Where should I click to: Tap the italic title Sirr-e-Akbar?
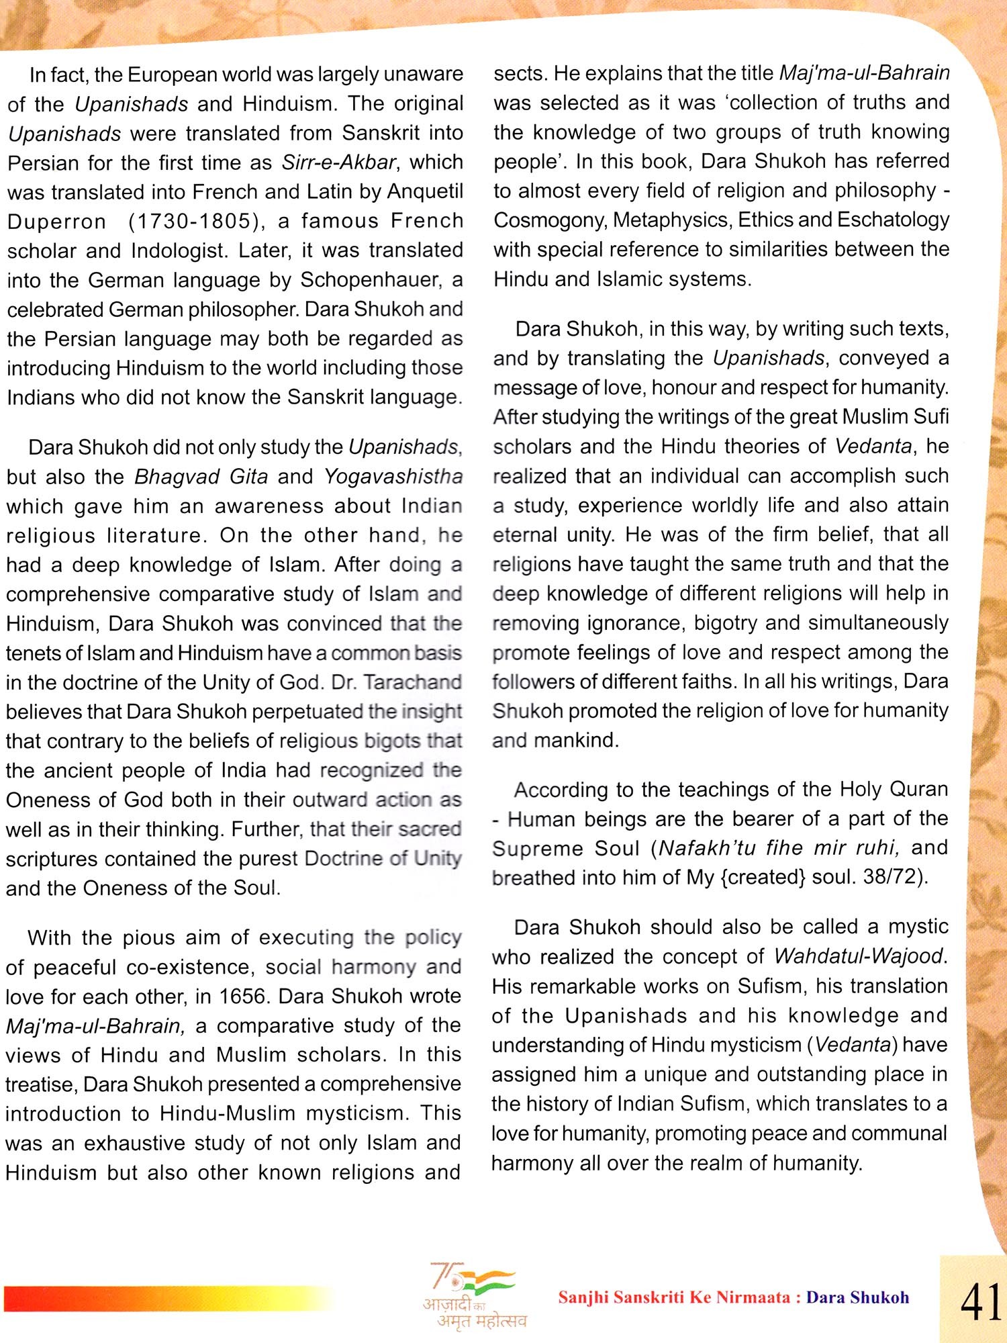pyautogui.click(x=338, y=163)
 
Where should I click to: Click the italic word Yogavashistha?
pyautogui.click(x=393, y=477)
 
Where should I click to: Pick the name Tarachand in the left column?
pyautogui.click(x=413, y=682)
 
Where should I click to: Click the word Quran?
pyautogui.click(x=918, y=789)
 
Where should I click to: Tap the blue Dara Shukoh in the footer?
pyautogui.click(x=857, y=1297)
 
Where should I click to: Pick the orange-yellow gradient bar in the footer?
pyautogui.click(x=168, y=1298)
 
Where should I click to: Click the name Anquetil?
pyautogui.click(x=425, y=191)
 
